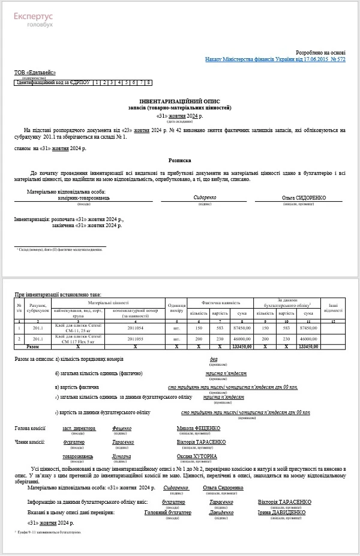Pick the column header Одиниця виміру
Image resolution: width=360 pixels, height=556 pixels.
click(176, 307)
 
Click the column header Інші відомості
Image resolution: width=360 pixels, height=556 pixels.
click(332, 307)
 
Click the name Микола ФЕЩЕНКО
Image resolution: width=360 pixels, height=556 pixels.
click(198, 428)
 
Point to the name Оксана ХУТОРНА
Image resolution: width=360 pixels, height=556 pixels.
click(197, 456)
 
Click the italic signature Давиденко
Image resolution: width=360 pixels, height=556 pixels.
click(221, 513)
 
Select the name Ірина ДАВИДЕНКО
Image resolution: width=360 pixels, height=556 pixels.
click(285, 513)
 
